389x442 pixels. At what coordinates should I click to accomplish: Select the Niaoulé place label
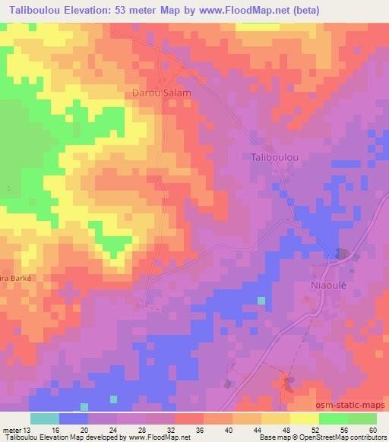click(x=329, y=286)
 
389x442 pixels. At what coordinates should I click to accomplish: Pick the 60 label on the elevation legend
click(x=372, y=430)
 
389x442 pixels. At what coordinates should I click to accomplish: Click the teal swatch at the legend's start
click(x=45, y=418)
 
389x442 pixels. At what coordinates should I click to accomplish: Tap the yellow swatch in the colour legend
click(x=304, y=418)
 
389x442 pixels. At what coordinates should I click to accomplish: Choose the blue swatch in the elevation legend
click(x=73, y=418)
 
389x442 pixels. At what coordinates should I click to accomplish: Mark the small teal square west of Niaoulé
click(x=261, y=301)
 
